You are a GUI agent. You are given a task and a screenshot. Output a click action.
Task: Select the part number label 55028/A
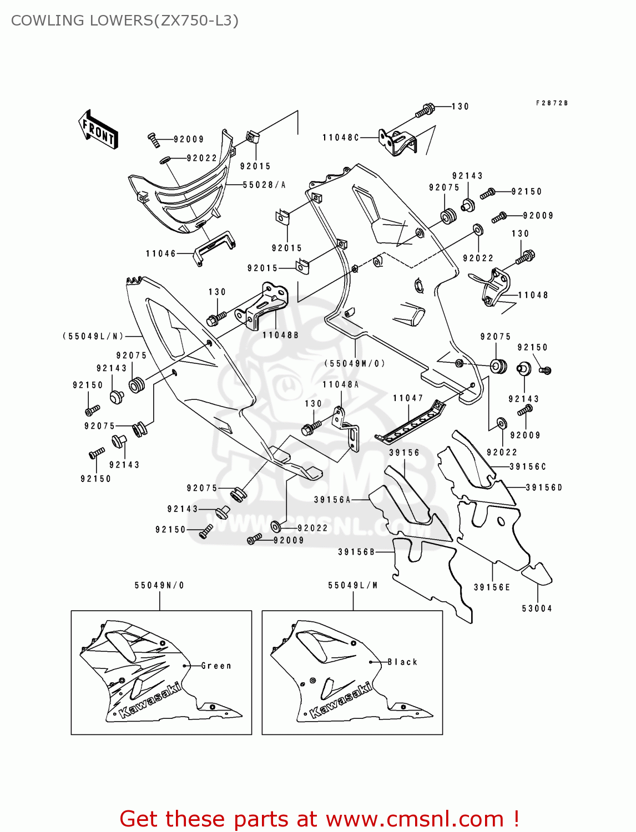264,185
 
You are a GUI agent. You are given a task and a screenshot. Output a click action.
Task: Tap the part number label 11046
160,253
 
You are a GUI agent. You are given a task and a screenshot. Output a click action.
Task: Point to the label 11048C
341,138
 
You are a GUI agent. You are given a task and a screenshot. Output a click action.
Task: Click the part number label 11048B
280,335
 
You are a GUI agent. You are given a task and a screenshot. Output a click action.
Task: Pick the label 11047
408,398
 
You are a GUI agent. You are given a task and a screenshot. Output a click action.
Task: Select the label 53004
537,608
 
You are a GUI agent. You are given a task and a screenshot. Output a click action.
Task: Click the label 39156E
492,587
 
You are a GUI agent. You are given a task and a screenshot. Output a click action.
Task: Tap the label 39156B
356,552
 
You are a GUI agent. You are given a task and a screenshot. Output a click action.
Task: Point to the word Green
216,666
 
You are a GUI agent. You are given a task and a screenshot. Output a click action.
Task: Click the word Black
402,662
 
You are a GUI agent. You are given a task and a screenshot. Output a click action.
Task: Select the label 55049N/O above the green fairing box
159,585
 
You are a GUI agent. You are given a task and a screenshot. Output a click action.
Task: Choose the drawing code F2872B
552,103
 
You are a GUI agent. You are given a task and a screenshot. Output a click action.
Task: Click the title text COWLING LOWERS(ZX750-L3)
125,21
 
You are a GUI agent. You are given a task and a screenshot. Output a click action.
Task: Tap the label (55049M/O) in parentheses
355,363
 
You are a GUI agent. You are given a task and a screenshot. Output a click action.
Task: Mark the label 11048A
340,384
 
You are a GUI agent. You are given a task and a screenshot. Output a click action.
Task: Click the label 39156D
544,488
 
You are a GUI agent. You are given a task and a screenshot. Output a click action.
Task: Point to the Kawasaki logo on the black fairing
340,701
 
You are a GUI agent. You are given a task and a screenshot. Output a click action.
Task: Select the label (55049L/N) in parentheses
93,336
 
